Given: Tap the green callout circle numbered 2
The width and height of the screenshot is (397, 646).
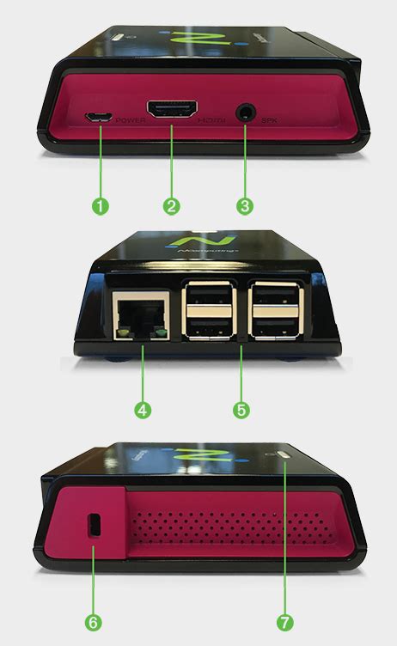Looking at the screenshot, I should [172, 206].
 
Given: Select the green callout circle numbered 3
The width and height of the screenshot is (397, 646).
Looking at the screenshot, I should [245, 206].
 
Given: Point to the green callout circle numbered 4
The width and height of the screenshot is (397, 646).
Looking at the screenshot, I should [143, 410].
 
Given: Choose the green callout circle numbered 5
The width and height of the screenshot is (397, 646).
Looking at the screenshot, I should [241, 410].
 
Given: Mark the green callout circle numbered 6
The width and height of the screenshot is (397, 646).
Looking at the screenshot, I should [94, 619].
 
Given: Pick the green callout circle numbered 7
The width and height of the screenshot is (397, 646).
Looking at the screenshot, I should [285, 619].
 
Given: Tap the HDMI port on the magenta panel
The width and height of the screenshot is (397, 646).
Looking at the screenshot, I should [171, 111].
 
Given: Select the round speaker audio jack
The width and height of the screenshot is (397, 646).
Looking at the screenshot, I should [246, 111].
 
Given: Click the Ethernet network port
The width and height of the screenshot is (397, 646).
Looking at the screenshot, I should [140, 316].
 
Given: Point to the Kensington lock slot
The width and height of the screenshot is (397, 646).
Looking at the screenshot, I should [94, 524].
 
